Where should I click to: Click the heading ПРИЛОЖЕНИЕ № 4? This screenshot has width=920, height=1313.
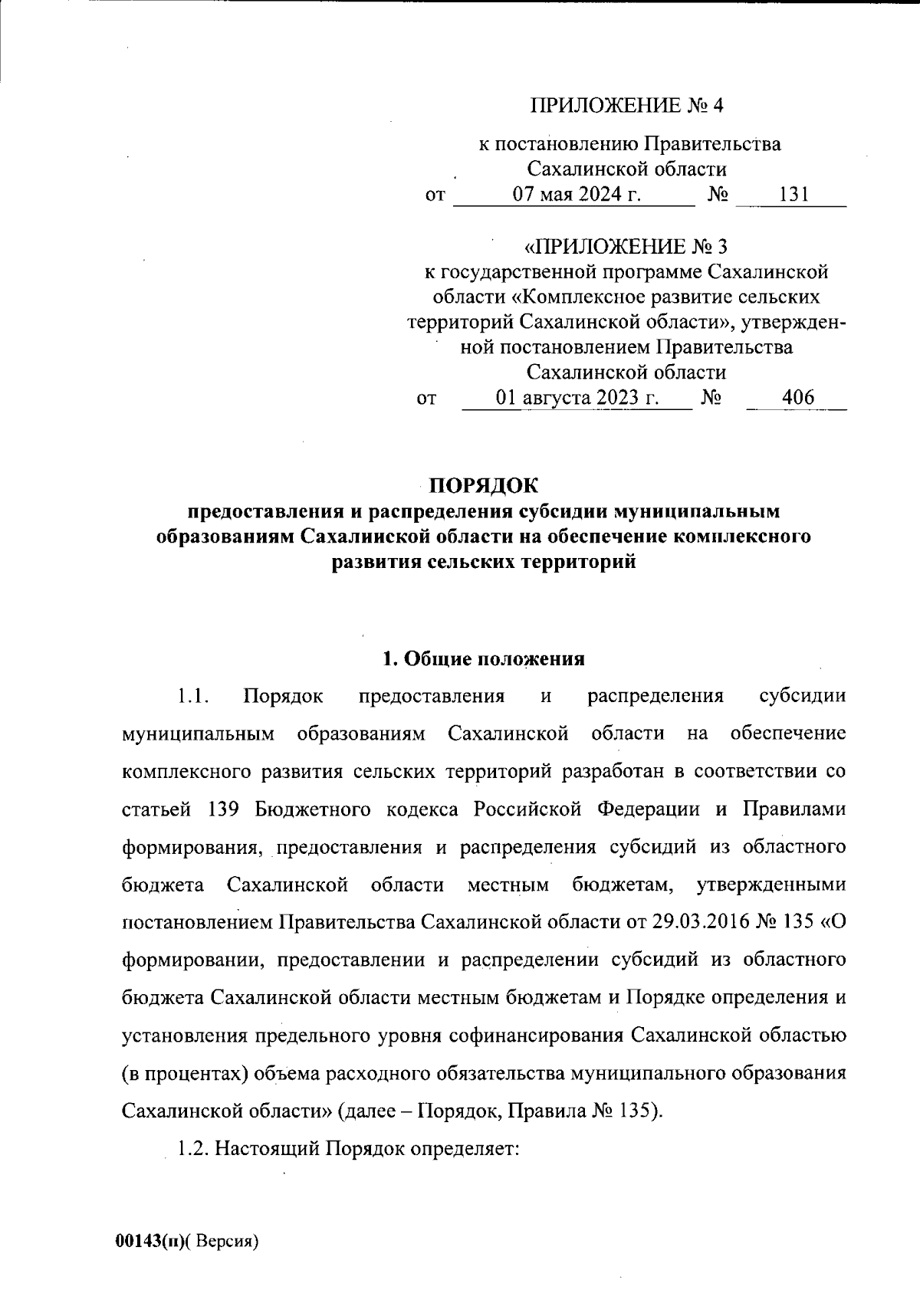coord(628,106)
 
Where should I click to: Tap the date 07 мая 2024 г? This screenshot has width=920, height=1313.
coord(577,195)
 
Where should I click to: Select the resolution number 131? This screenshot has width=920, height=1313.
coord(790,195)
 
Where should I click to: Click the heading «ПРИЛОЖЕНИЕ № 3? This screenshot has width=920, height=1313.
coord(625,247)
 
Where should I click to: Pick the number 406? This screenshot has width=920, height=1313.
coord(797,399)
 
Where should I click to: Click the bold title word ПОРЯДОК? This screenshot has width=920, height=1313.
coord(484,486)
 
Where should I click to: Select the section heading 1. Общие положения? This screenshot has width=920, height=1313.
coord(484,659)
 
